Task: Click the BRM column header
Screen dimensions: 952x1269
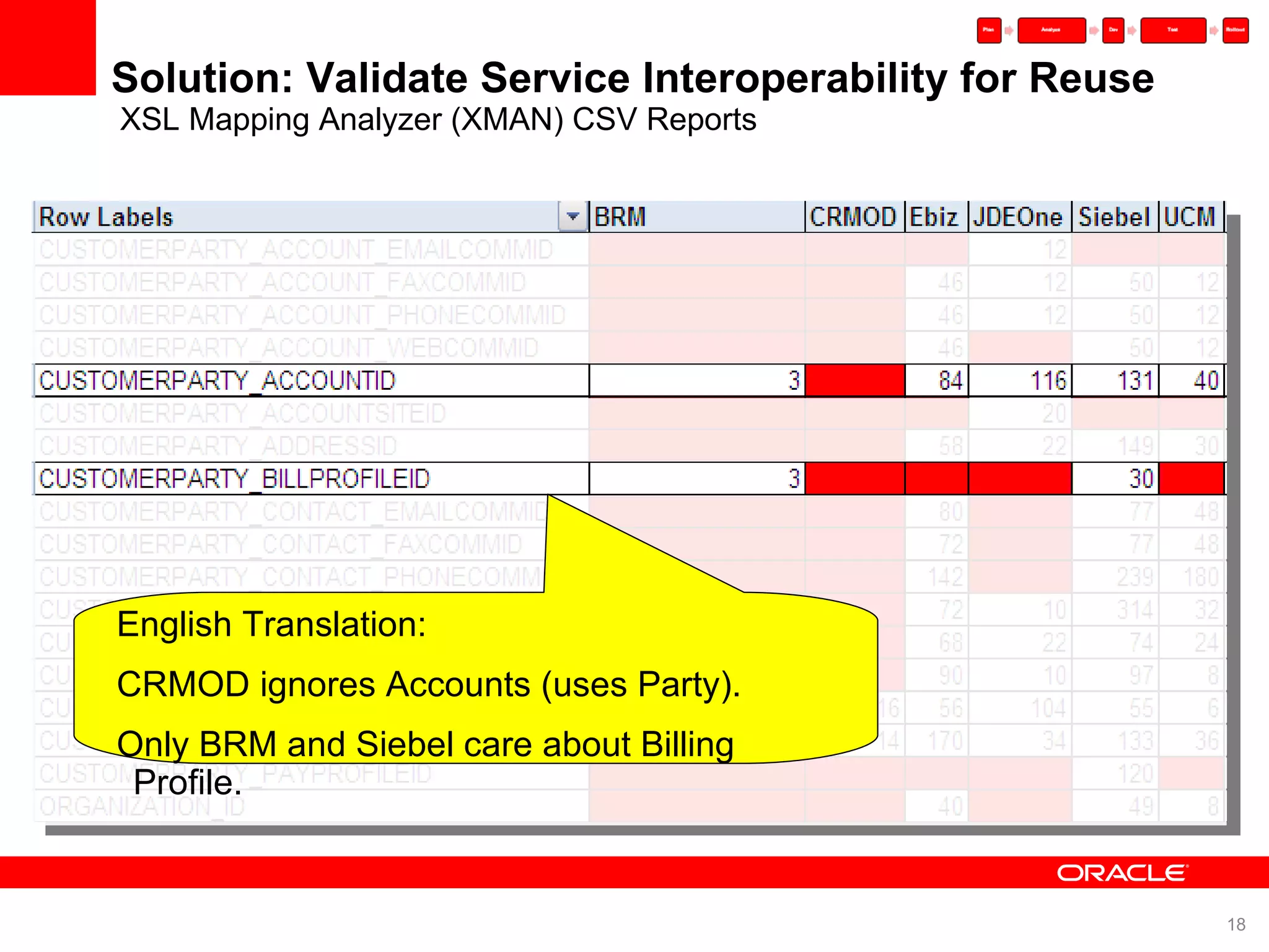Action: tap(620, 218)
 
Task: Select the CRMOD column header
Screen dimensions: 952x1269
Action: tap(853, 218)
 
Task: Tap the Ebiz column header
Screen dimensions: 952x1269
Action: tap(934, 218)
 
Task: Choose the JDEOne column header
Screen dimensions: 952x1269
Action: tap(1018, 218)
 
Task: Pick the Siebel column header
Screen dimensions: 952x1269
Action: tap(1114, 218)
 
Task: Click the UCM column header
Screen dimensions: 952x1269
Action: tap(1190, 218)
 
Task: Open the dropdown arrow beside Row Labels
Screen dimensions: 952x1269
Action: tap(573, 217)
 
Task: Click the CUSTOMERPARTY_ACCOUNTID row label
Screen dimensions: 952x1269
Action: tap(217, 381)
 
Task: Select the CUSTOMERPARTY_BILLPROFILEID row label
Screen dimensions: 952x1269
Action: tap(234, 479)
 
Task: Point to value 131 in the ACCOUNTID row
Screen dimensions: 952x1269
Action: tap(1135, 381)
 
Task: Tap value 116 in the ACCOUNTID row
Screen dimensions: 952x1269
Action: tap(1048, 381)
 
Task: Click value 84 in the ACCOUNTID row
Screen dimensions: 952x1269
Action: tap(951, 381)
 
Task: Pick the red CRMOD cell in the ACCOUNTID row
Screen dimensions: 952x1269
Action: tap(854, 381)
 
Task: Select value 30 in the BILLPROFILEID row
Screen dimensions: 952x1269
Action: tap(1141, 479)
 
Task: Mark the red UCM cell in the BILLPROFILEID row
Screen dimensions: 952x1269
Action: tap(1191, 479)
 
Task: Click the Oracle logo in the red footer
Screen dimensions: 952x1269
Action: tap(1122, 873)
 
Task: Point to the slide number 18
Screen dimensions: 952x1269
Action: tap(1236, 925)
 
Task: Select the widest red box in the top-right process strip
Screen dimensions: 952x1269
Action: tap(1052, 30)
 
